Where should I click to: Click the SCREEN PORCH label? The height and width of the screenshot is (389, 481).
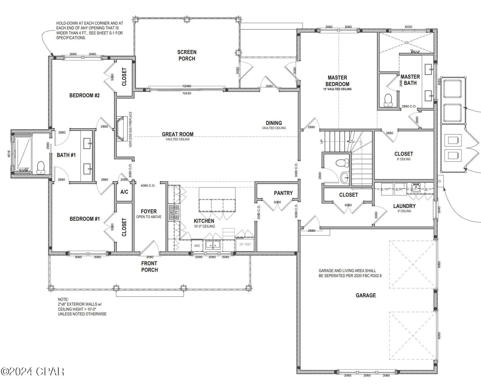[187, 55]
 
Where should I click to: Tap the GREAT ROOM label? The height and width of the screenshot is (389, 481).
[178, 134]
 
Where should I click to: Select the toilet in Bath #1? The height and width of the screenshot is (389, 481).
[40, 167]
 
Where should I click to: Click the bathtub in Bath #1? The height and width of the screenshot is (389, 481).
[23, 153]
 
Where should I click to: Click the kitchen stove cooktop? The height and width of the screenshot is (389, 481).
[174, 212]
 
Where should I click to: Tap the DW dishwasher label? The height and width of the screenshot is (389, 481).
[197, 245]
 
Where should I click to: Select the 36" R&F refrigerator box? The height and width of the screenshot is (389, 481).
[245, 244]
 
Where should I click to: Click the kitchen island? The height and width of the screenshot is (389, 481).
[217, 199]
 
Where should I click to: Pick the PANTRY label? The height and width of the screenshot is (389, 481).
[283, 193]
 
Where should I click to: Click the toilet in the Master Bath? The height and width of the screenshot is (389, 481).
[388, 100]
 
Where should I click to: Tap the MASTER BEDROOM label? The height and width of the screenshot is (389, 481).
[337, 81]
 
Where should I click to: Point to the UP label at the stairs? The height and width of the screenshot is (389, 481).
[321, 142]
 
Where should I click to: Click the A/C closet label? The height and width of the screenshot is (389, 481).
[124, 192]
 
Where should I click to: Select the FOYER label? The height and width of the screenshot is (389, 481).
[149, 211]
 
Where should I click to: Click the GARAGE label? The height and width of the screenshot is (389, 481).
[366, 295]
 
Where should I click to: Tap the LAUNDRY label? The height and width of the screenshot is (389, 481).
[404, 206]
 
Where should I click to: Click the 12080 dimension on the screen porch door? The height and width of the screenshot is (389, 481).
[187, 86]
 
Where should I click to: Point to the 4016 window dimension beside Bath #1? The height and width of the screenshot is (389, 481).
[9, 154]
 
